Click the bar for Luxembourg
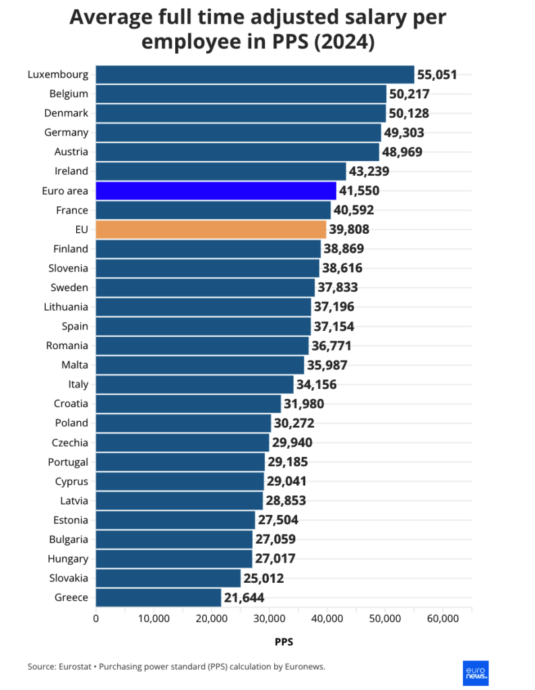255,74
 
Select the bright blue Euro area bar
216,191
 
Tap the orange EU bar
211,230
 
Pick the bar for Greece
158,597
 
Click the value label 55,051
437,75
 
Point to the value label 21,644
245,598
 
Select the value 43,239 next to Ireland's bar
369,171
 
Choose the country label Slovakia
68,577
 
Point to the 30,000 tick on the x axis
270,619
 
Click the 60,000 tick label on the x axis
443,619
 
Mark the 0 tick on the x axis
96,619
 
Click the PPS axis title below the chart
284,641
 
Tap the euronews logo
476,672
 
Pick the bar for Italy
195,385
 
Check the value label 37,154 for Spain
334,327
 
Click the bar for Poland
183,423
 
